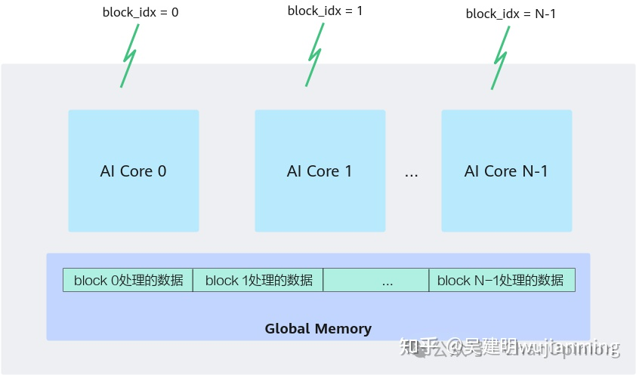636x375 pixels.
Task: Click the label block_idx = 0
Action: pyautogui.click(x=140, y=12)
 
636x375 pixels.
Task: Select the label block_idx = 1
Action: pyautogui.click(x=325, y=11)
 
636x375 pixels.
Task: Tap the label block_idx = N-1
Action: pyautogui.click(x=511, y=13)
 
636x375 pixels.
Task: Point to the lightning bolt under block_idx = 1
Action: pyautogui.click(x=316, y=54)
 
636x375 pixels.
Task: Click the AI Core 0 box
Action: pyautogui.click(x=134, y=171)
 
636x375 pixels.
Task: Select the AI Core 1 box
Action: pyautogui.click(x=320, y=171)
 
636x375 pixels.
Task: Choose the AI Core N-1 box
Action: pyautogui.click(x=506, y=171)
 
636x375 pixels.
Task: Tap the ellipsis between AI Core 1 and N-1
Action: pyautogui.click(x=411, y=173)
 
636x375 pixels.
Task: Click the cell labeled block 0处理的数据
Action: pyautogui.click(x=128, y=281)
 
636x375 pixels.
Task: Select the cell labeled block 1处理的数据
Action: pyautogui.click(x=258, y=281)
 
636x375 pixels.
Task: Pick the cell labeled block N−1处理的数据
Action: pyautogui.click(x=502, y=281)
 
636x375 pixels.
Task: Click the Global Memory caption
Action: pyautogui.click(x=318, y=329)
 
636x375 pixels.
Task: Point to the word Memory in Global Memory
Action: pyautogui.click(x=343, y=329)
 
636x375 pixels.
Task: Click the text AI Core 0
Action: pyautogui.click(x=133, y=171)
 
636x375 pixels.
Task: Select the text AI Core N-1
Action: pyautogui.click(x=506, y=171)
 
